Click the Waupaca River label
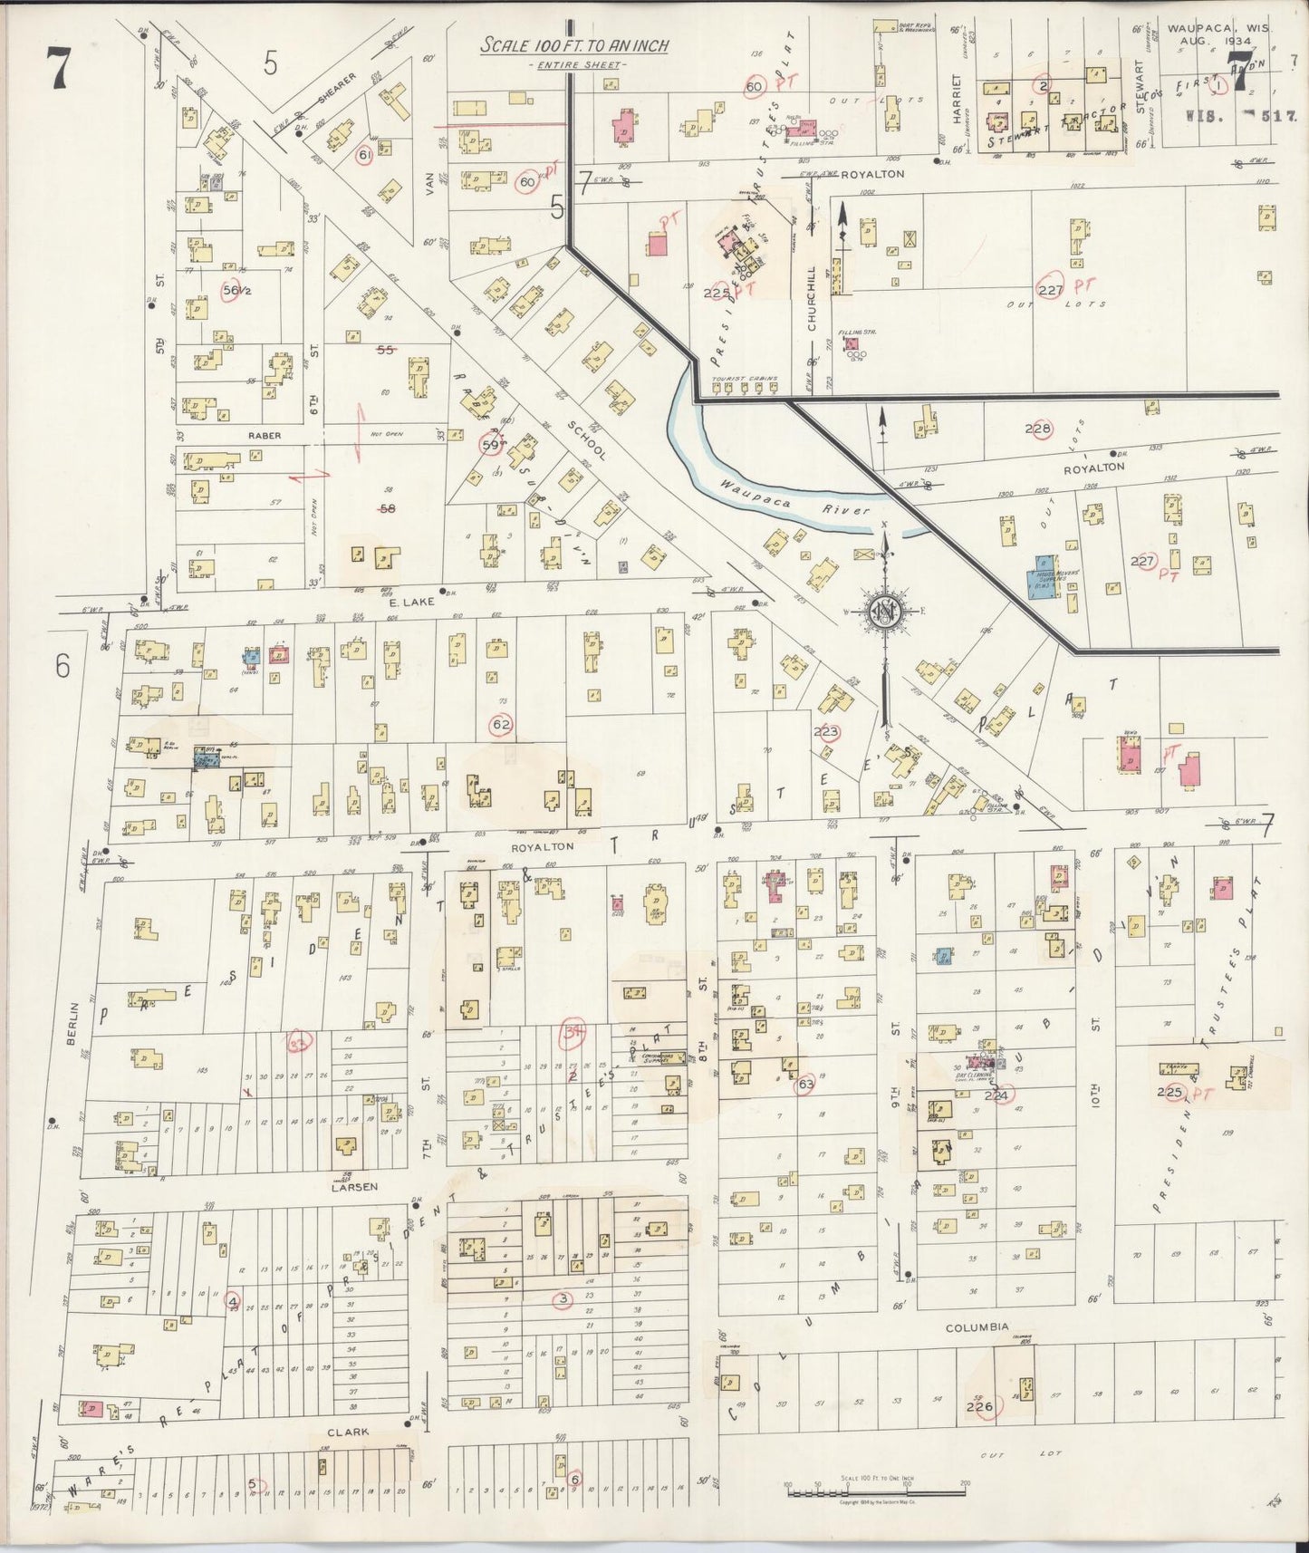[x=794, y=498]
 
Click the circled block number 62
[x=501, y=724]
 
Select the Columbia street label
[x=977, y=1326]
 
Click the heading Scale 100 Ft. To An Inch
[x=574, y=46]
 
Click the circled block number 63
[x=804, y=1085]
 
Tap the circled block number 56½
[x=236, y=291]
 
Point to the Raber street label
[x=264, y=436]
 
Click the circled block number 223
[x=827, y=732]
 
